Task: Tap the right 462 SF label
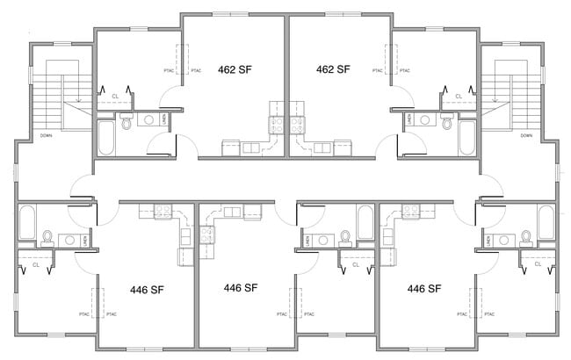coord(333,69)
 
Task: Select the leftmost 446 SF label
coord(148,289)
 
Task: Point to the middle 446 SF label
coord(240,288)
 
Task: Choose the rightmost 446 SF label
coord(424,288)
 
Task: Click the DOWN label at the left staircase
coord(47,135)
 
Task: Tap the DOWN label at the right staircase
coord(525,135)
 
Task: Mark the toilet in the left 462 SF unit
coord(126,124)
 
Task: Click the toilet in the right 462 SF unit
coord(446,124)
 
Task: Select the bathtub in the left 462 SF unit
coord(105,138)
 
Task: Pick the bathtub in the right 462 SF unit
coord(466,138)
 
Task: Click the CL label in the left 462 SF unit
coord(115,96)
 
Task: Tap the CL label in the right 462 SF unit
coord(458,96)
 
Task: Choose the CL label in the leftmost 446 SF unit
coord(36,263)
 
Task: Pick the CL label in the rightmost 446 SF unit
coord(536,263)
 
